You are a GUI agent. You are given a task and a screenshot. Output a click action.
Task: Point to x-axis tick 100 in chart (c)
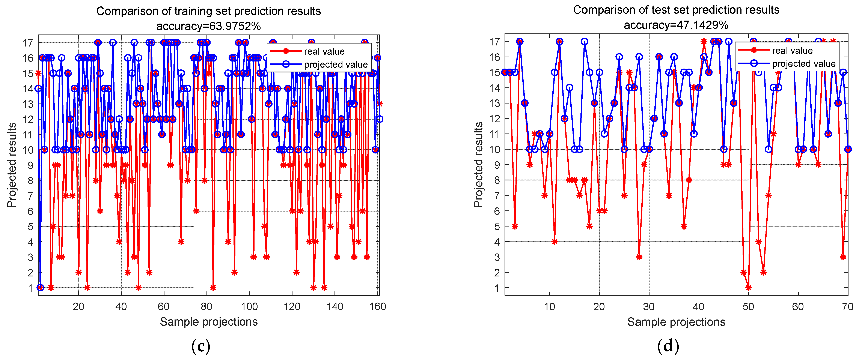coord(249,307)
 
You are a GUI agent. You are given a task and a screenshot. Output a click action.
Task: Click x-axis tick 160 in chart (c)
coord(377,307)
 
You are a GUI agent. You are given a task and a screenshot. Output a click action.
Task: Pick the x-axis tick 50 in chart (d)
coord(748,307)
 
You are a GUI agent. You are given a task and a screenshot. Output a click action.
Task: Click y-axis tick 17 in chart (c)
coord(28,43)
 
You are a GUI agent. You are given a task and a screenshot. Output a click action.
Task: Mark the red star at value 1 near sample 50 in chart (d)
coord(749,288)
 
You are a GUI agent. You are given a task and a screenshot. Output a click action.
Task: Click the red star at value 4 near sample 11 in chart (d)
coord(555,242)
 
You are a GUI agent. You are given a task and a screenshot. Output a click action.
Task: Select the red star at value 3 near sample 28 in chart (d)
coord(639,257)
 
